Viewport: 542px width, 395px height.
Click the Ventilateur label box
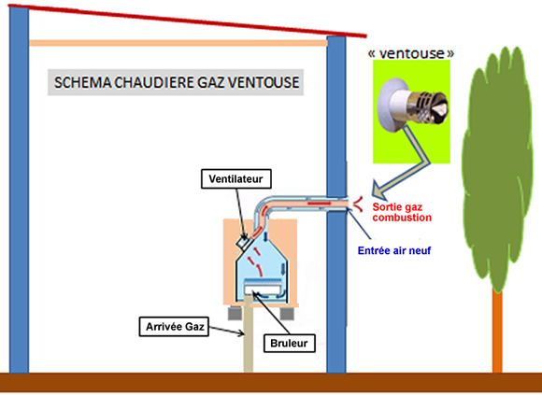coord(236,179)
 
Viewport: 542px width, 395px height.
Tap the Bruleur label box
coord(290,344)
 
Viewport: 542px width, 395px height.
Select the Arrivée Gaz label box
coord(174,327)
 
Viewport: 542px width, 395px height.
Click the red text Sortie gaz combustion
coord(402,212)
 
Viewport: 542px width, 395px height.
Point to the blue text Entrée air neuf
coord(394,250)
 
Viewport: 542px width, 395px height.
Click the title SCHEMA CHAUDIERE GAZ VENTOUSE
coord(177,82)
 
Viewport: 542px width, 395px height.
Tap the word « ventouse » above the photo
coord(411,53)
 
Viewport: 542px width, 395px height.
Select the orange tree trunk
coord(497,332)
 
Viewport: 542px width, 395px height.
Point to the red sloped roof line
coord(187,20)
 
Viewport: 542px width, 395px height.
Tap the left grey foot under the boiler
coord(235,313)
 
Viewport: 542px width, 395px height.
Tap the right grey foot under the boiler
coord(287,313)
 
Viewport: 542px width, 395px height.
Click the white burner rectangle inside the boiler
coord(263,289)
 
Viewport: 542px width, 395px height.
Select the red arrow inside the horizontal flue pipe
coord(319,204)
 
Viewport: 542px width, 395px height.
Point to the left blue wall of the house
coord(19,190)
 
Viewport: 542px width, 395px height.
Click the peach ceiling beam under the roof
coord(178,43)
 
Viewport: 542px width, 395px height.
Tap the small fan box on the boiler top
coord(242,243)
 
